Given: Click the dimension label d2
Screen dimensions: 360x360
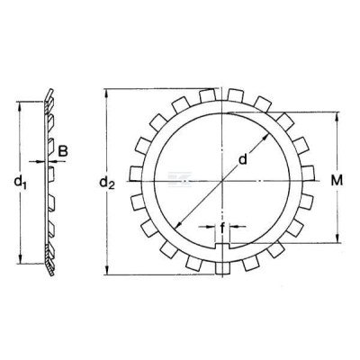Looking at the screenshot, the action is click(x=107, y=183).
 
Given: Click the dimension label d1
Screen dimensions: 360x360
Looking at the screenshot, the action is click(x=21, y=182).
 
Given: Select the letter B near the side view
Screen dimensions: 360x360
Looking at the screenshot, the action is click(x=63, y=151).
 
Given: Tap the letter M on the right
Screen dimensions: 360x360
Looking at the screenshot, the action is click(x=337, y=180).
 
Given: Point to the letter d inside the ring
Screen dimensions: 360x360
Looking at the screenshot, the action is click(x=242, y=158).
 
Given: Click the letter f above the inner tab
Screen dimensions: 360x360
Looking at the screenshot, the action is click(x=222, y=229).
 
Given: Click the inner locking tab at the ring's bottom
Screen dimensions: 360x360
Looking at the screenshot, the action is click(x=222, y=246).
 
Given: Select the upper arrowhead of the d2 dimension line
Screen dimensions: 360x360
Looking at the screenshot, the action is click(x=106, y=94).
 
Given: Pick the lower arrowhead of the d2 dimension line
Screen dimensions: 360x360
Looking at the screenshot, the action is click(x=106, y=270).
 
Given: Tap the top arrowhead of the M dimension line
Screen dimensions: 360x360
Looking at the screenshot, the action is click(x=337, y=117).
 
